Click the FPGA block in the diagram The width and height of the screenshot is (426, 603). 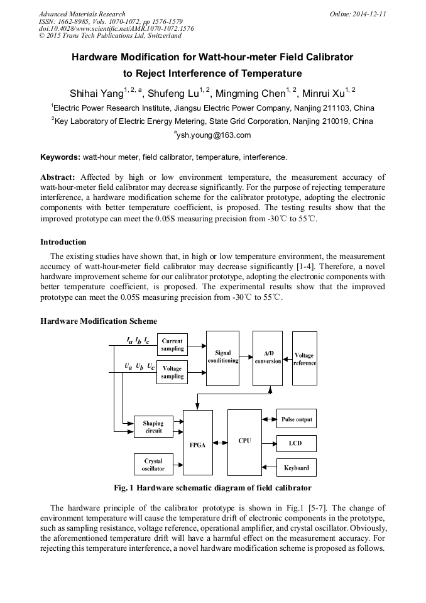(x=197, y=443)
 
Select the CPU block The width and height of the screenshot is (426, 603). (x=244, y=441)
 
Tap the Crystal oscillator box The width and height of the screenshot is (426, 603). (x=153, y=465)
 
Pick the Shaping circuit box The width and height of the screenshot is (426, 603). (x=153, y=427)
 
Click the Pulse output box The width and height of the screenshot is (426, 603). (x=297, y=419)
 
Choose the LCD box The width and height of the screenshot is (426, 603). (x=296, y=443)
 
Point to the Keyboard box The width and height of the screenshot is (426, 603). (x=297, y=468)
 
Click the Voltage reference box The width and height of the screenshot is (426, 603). (x=305, y=360)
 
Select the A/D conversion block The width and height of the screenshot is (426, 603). (x=268, y=358)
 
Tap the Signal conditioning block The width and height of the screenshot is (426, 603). (x=222, y=357)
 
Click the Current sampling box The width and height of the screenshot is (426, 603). (x=172, y=345)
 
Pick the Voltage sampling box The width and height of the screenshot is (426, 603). (x=172, y=372)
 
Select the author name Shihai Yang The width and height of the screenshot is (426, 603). (x=96, y=94)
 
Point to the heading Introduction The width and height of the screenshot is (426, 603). (x=63, y=242)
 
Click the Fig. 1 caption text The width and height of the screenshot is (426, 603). (x=212, y=488)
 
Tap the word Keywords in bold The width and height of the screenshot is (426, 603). (x=60, y=157)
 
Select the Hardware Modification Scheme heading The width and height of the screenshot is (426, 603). (x=99, y=321)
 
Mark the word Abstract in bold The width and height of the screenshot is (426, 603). (x=58, y=178)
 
